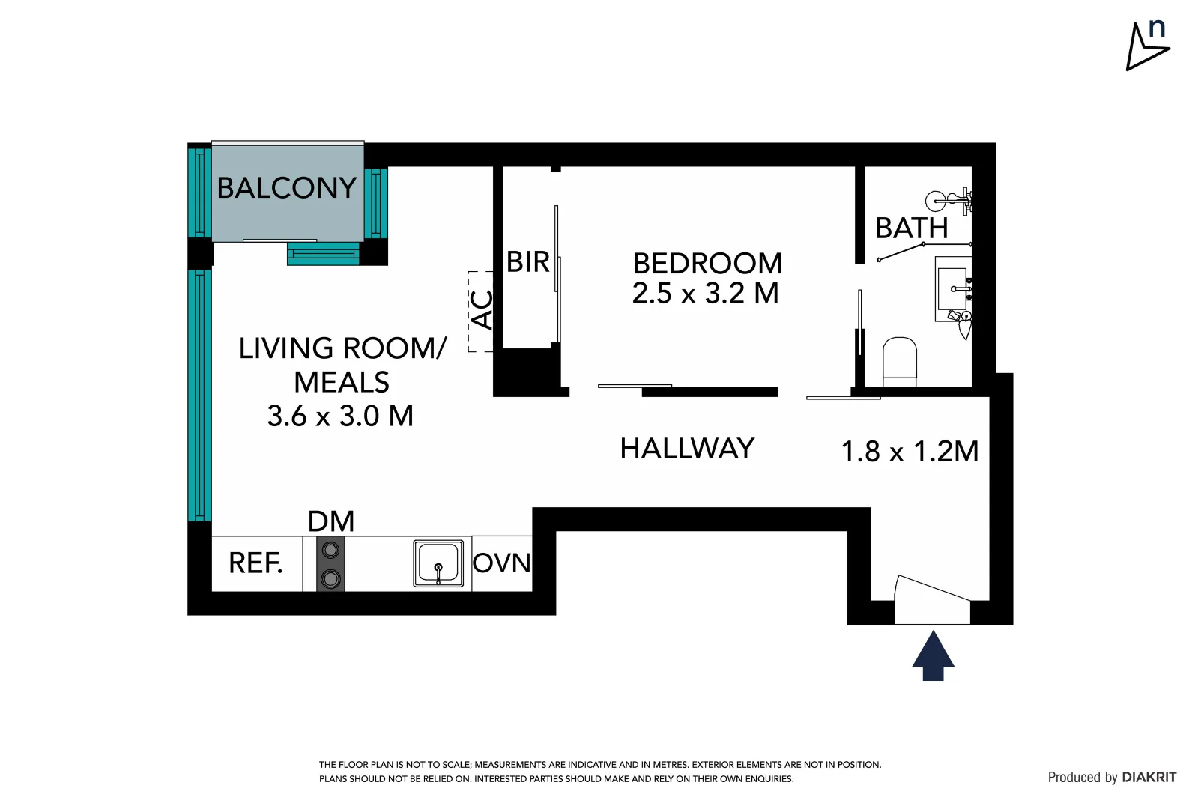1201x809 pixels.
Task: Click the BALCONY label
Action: [286, 187]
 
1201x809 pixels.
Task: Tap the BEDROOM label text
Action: [707, 264]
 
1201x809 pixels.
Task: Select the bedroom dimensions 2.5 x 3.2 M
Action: [705, 294]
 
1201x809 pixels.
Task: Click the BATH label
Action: [911, 228]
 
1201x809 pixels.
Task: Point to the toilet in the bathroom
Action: [900, 362]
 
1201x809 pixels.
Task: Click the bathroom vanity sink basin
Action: [953, 289]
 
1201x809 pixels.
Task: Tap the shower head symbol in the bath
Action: [937, 201]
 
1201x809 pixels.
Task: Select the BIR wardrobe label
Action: [528, 262]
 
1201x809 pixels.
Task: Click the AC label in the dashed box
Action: [482, 310]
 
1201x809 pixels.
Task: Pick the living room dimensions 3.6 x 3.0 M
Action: [340, 416]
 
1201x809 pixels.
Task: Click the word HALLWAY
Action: [687, 449]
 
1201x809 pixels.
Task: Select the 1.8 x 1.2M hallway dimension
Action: [910, 452]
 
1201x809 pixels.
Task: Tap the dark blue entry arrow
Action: [933, 655]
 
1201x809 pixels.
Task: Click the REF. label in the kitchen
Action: [255, 563]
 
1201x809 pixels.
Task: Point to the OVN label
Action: [501, 563]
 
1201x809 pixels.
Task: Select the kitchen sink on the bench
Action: [438, 563]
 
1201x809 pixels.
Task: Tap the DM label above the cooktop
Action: [330, 521]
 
